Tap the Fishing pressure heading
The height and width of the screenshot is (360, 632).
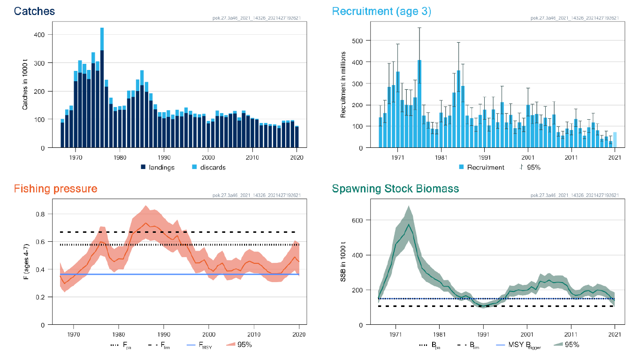pos(56,189)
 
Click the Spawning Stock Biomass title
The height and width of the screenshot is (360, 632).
pos(395,189)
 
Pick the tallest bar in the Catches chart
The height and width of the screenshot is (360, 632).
pos(102,89)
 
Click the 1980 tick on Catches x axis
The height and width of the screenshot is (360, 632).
pos(119,158)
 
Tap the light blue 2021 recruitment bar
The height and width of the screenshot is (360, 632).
pos(615,140)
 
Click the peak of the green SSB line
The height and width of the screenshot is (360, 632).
pos(409,225)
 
